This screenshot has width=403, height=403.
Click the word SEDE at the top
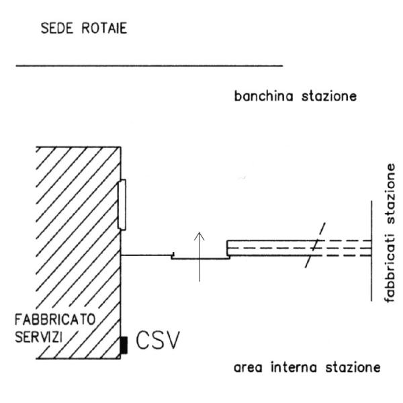57,28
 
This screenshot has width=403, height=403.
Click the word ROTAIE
104,28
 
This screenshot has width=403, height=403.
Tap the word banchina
264,96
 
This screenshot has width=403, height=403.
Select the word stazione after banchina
329,96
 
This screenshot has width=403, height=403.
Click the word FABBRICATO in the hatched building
55,320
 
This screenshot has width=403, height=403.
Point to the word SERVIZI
39,337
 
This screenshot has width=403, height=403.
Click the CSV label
157,340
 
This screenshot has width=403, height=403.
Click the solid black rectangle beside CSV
124,345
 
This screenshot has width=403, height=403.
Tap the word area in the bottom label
248,367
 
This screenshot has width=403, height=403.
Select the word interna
294,367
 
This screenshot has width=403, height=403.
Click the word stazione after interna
353,367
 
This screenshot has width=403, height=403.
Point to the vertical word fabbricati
390,268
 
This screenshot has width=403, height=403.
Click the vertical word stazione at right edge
390,194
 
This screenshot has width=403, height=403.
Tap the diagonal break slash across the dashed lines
315,245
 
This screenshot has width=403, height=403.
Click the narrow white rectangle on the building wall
122,205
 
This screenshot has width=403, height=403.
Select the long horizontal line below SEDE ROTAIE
149,66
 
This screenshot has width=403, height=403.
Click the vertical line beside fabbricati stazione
371,251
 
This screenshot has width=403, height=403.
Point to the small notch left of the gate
173,256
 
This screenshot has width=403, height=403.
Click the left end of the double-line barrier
227,249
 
